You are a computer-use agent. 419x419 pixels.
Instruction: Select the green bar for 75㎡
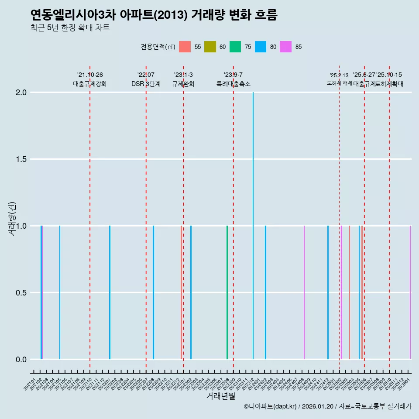227,292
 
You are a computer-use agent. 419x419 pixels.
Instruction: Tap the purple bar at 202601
410,292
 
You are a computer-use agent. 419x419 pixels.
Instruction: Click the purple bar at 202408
304,292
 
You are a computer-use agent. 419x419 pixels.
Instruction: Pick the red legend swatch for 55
185,47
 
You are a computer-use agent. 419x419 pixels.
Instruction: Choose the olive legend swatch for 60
210,47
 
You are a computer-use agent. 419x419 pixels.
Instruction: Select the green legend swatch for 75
235,47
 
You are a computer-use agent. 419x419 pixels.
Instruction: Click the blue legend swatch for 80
261,47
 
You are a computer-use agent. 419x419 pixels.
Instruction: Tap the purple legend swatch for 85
285,47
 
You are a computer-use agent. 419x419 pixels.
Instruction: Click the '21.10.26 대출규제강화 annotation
90,79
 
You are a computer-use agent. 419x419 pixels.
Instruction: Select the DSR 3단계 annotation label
146,84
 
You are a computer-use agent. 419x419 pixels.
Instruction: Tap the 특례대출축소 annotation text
234,84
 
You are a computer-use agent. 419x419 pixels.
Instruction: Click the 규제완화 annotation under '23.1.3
183,84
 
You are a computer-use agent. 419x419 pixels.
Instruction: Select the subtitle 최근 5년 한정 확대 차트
70,28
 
